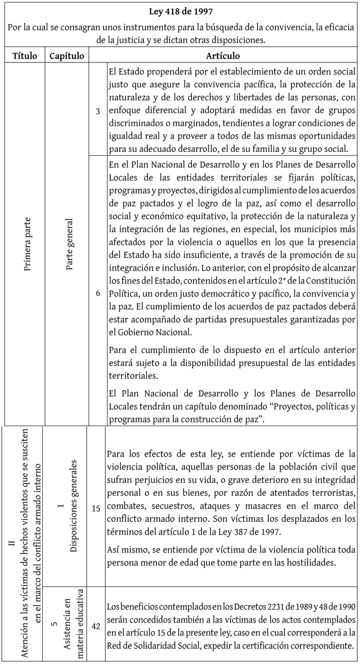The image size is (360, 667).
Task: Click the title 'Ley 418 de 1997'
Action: (x=180, y=11)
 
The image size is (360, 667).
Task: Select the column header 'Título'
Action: (x=24, y=56)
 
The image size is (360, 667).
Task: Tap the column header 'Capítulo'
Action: (x=67, y=56)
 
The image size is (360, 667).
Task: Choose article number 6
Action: (x=97, y=293)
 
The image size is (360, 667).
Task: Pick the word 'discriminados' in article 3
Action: (x=135, y=138)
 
